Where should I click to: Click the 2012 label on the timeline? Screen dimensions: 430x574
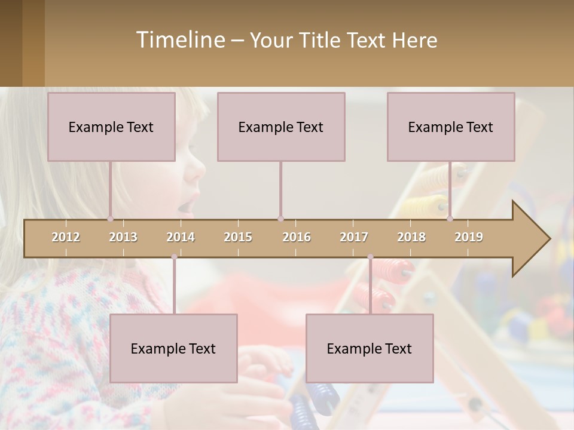coord(66,238)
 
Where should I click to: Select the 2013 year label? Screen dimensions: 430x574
coord(123,238)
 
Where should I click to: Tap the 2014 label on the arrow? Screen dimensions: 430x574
coord(181,238)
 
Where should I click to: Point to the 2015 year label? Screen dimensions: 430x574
coord(238,238)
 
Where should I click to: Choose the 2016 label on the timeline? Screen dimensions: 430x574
coord(297,238)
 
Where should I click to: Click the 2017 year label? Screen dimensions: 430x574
coord(354,238)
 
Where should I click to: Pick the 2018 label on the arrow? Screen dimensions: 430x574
coord(411,238)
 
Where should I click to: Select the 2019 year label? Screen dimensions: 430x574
coord(469,238)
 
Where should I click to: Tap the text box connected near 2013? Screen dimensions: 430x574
coord(111,127)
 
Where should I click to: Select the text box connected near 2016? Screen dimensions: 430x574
coord(281,127)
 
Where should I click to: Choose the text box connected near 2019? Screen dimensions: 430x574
coord(451,127)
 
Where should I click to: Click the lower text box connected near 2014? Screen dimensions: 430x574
coord(173,348)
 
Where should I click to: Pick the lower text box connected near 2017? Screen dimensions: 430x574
coord(370,348)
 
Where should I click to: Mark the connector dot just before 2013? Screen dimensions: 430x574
coord(111,219)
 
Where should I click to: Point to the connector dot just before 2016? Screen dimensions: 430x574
coord(280,219)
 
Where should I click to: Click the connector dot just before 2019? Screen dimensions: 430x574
coord(450,219)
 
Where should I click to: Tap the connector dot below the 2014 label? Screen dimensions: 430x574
coord(174,257)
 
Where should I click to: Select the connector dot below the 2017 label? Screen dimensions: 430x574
coord(370,257)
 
